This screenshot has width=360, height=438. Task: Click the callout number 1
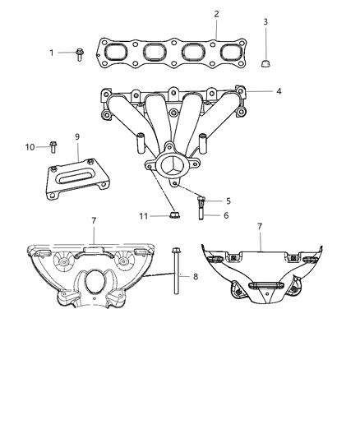tap(51, 53)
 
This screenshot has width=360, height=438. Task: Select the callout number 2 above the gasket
tap(216, 14)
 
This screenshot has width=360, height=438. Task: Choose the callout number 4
tap(279, 91)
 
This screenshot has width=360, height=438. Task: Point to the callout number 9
tap(77, 136)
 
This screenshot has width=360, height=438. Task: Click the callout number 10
tap(30, 147)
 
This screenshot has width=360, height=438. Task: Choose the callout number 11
tap(143, 216)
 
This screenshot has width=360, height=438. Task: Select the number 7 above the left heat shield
tap(95, 221)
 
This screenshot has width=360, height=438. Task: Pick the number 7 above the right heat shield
tap(260, 224)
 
